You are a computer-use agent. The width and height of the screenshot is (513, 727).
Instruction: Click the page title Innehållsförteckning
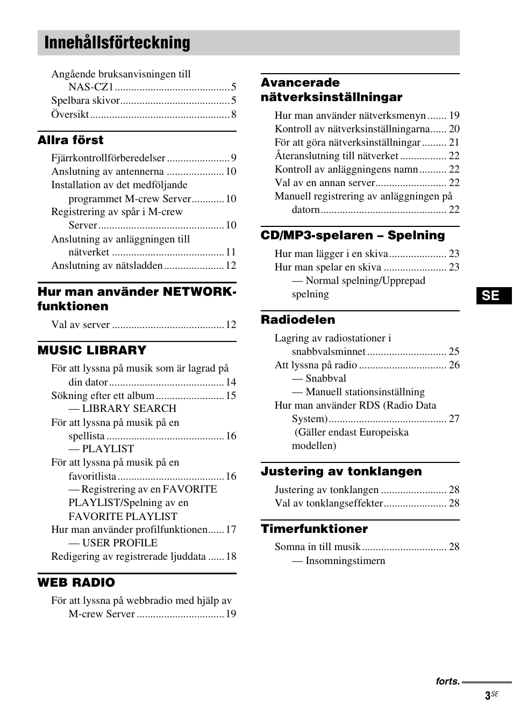pos(117,43)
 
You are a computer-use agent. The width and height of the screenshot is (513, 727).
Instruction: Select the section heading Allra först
pos(70,140)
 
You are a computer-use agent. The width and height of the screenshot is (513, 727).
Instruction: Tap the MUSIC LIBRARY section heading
pos(92,351)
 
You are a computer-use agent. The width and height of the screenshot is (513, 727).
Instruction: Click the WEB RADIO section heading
pos(76,583)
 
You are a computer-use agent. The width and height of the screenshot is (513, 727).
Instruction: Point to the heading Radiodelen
pos(298,320)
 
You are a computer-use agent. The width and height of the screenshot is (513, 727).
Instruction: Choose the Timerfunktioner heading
pos(315,529)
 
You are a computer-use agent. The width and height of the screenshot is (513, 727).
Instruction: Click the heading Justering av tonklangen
pos(341,472)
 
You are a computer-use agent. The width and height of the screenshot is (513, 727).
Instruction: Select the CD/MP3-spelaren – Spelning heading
pos(353,236)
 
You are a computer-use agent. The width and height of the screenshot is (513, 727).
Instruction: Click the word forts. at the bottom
pos(447,681)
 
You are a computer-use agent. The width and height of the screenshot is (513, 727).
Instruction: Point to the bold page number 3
pos(487,696)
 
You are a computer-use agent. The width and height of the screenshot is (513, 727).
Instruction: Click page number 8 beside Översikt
pos(233,115)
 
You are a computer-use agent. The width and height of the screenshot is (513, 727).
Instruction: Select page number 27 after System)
pos(454,419)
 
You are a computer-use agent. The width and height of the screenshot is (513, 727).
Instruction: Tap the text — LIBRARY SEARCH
pos(123,409)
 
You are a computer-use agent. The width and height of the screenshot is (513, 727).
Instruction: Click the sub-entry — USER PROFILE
pos(113,543)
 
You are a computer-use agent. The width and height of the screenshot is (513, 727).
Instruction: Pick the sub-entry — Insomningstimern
pos(339,561)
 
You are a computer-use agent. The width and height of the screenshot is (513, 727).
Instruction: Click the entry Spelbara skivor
pos(85,101)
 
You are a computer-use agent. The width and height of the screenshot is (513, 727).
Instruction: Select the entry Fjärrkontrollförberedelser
pos(108,158)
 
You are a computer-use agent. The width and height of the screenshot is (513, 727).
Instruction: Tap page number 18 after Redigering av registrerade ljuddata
pos(231,557)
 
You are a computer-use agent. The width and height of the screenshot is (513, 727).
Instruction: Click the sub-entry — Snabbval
pos(319,379)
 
